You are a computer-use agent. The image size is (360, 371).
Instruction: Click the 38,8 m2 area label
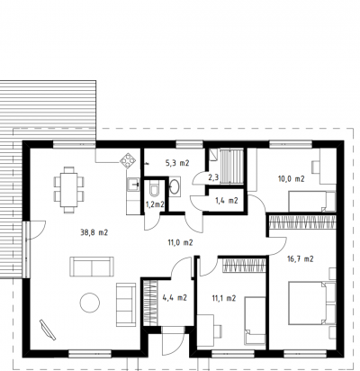(x=94, y=232)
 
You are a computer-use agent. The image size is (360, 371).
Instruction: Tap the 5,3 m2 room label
(x=177, y=163)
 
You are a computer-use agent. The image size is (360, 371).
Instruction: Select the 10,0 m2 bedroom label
(x=291, y=179)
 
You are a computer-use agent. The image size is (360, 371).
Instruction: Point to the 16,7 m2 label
(x=301, y=258)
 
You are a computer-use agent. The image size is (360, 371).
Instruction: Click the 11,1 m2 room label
(x=224, y=298)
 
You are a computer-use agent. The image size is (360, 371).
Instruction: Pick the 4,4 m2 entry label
(x=175, y=297)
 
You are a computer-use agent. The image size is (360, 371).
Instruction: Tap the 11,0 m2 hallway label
(x=180, y=242)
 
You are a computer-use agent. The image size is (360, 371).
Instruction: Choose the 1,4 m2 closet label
(x=227, y=201)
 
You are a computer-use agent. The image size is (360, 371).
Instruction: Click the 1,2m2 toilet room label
(x=155, y=204)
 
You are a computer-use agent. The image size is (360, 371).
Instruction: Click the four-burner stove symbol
(x=128, y=160)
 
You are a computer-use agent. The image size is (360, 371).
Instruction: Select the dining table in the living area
(x=69, y=190)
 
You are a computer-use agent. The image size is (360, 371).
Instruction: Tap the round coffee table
(x=90, y=303)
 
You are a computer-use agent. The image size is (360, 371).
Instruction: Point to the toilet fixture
(x=155, y=189)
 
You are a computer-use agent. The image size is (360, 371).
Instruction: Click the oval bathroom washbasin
(x=175, y=186)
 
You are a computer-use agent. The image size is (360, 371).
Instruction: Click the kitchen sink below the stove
(x=133, y=185)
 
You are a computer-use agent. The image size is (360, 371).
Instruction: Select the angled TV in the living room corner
(x=48, y=330)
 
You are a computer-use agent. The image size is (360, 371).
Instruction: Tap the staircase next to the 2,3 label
(x=231, y=167)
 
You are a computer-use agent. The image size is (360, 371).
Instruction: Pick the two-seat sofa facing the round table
(x=126, y=304)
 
